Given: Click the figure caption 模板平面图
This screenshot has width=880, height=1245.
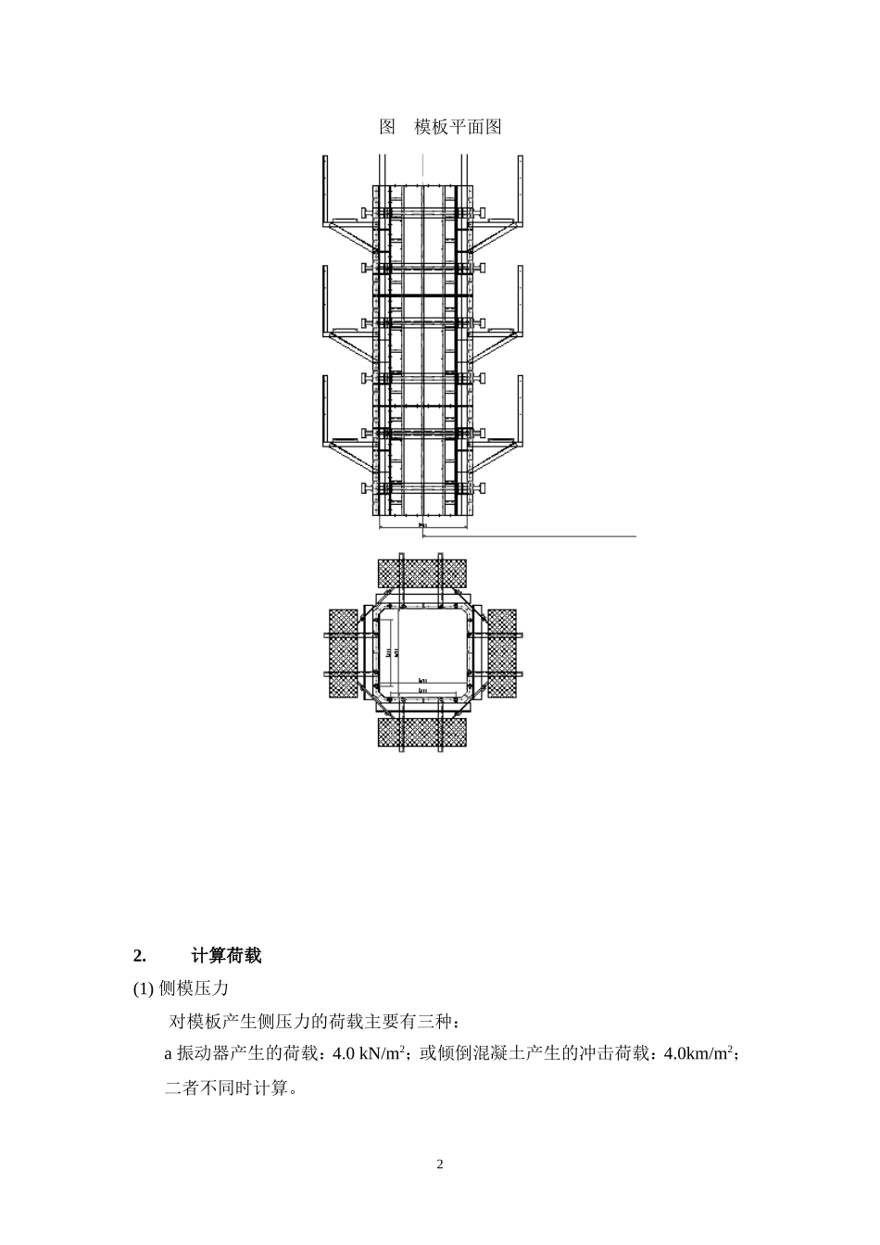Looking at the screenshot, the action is tap(458, 127).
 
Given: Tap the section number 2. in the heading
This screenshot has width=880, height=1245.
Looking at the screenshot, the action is tap(140, 955).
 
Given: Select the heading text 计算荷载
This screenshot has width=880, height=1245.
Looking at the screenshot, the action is tap(227, 955).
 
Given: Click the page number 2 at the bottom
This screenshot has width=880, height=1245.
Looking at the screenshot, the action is tap(440, 1163).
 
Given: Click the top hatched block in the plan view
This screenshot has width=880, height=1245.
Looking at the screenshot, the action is tap(422, 572).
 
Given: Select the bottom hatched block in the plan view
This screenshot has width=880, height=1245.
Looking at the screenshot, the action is tap(422, 732).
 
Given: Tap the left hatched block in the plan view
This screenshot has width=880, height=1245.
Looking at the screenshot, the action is tap(344, 653).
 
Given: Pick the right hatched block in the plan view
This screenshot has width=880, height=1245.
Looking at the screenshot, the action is tap(502, 653).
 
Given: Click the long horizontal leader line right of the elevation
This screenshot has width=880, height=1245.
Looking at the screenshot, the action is tap(556, 535).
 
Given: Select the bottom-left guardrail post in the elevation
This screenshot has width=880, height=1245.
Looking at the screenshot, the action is tap(324, 408).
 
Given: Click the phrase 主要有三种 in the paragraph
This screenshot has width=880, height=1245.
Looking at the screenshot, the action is tap(415, 1022).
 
